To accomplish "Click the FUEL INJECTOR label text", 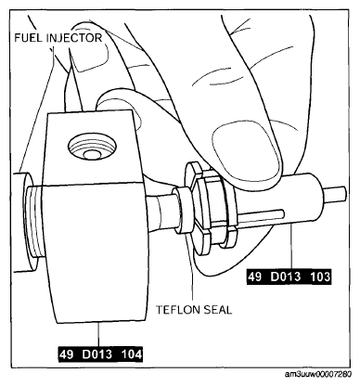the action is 58,38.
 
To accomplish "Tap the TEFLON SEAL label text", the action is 194,310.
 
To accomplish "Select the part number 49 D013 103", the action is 289,277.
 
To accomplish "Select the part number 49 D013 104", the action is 101,354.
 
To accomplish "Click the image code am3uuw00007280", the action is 318,375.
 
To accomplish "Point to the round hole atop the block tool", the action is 92,148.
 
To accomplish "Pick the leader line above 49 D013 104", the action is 98,335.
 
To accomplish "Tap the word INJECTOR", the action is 74,38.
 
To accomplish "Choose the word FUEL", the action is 29,38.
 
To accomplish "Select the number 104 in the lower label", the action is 131,354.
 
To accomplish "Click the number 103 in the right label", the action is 319,277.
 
